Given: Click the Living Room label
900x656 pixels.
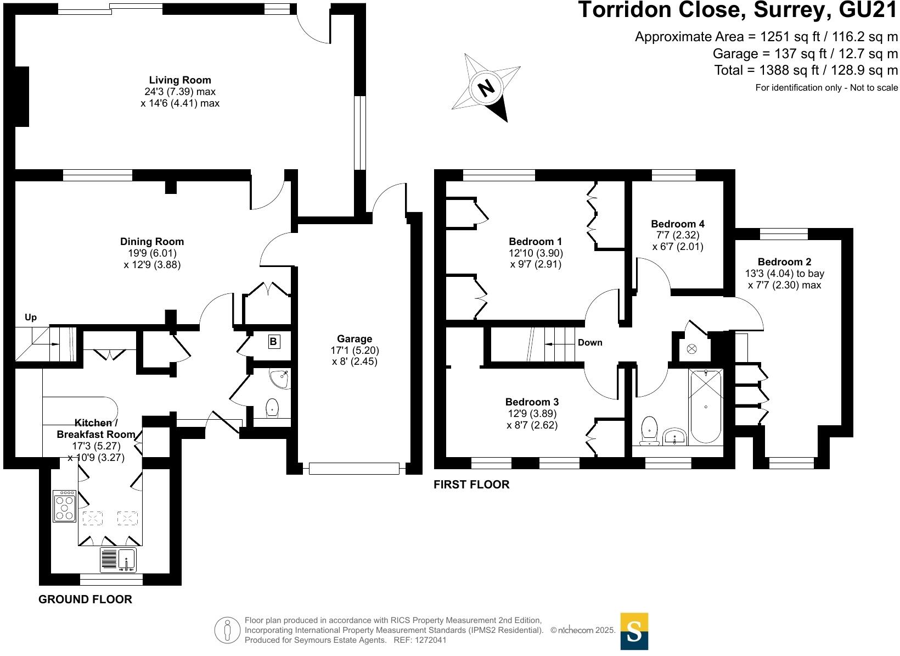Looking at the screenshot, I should [x=179, y=80].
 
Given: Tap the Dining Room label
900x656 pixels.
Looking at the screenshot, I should [x=152, y=242].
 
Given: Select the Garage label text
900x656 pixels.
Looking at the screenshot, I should [x=355, y=339].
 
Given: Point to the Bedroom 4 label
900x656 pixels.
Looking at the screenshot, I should [x=677, y=224].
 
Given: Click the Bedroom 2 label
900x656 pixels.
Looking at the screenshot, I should [x=784, y=262].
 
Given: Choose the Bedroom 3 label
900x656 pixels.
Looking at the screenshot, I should [x=532, y=402].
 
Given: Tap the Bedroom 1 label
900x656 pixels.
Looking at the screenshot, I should [x=535, y=242].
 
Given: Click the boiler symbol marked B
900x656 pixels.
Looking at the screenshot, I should [x=273, y=342].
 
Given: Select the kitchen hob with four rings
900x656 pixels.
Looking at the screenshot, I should [x=65, y=506].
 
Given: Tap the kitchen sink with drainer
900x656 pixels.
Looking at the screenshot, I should [x=118, y=560].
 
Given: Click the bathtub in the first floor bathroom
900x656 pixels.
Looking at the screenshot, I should [x=705, y=406].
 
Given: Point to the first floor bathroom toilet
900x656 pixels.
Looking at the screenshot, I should [x=649, y=429].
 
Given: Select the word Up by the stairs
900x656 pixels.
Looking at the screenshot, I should [x=31, y=318].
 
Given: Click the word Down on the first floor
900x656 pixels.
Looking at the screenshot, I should [x=590, y=342].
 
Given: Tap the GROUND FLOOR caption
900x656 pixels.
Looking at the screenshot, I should [x=85, y=599].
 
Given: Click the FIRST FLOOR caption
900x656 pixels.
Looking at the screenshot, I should [x=471, y=485].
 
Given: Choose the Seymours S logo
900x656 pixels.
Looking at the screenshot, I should [x=634, y=631].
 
